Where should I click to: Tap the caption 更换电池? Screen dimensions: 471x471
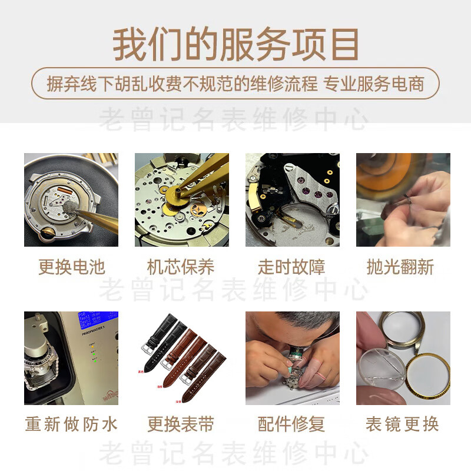click(71, 267)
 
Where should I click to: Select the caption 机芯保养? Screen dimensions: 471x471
click(181, 267)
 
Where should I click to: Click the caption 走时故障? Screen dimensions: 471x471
click(291, 267)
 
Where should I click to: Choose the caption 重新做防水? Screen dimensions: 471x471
click(71, 424)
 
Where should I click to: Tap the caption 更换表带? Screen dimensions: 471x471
click(181, 424)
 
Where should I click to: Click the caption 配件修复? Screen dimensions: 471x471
click(291, 424)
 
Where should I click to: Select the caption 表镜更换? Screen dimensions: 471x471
click(402, 424)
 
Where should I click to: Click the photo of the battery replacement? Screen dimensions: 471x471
click(71, 200)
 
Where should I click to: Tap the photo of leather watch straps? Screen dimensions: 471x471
click(181, 357)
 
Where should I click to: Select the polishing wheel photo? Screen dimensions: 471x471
click(403, 200)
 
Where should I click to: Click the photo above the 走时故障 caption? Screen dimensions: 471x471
click(292, 200)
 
